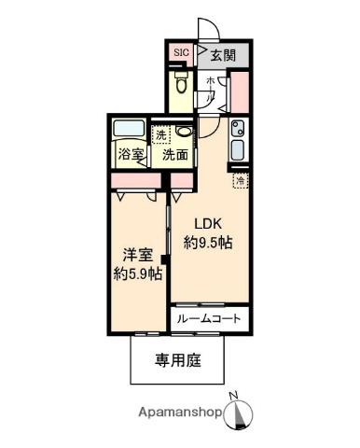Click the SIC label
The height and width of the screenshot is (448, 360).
coord(180,53)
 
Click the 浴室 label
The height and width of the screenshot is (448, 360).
coord(130,155)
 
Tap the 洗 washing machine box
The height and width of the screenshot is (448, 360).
coord(162,134)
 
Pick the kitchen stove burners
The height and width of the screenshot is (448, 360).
coord(237,129)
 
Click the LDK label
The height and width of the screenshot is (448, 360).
coord(208,224)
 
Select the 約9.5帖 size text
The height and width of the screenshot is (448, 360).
coord(208,243)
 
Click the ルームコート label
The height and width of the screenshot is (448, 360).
coord(209,318)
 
